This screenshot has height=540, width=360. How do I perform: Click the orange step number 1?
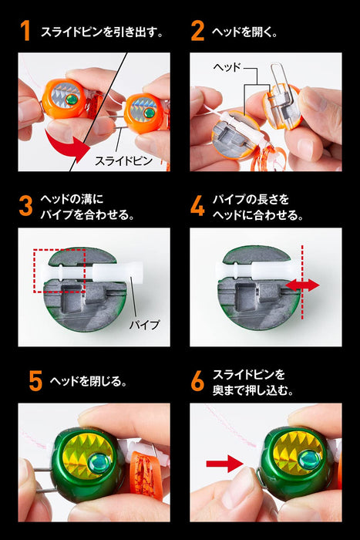[x=25, y=32]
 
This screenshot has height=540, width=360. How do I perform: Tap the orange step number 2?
[x=197, y=32]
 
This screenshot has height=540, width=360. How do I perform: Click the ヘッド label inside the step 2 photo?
[x=228, y=69]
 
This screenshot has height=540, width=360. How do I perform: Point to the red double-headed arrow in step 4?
[x=301, y=285]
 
